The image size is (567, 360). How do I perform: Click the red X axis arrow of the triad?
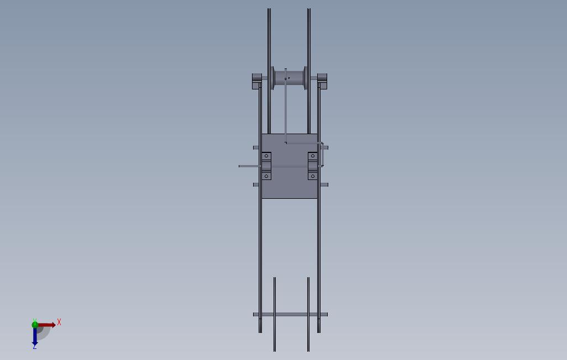[x=46, y=325]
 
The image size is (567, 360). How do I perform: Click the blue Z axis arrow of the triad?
[x=35, y=337]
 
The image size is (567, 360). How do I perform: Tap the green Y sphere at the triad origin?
[x=35, y=325]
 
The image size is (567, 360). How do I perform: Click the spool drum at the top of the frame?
[x=289, y=78]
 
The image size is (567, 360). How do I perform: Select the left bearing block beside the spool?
[x=257, y=81]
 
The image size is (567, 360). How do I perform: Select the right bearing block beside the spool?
[x=322, y=81]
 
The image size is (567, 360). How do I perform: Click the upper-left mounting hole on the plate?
[x=266, y=156]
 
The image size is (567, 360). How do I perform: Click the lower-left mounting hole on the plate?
[x=266, y=176]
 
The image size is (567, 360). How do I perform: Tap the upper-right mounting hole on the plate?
[x=312, y=156]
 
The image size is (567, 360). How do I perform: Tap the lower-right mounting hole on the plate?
[x=312, y=176]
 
